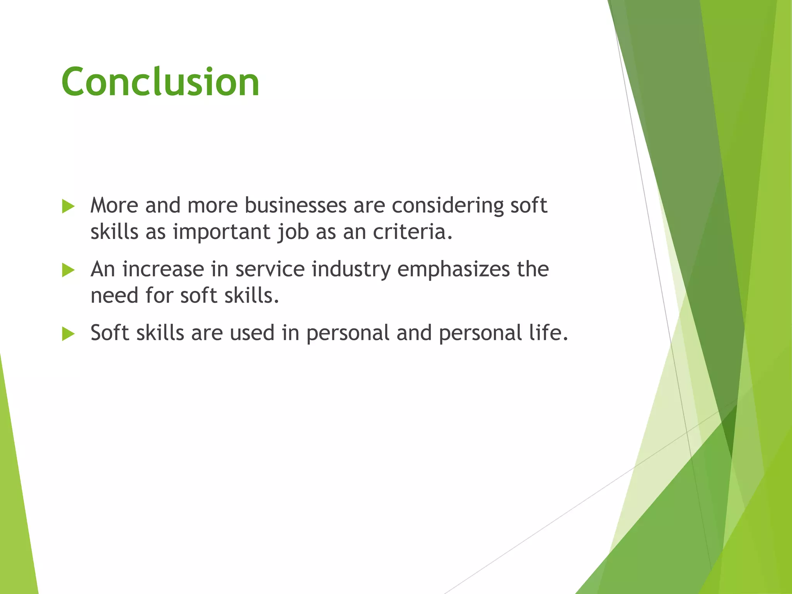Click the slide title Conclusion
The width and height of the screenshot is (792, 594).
[x=160, y=82]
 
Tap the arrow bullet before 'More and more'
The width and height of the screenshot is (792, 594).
[x=68, y=207]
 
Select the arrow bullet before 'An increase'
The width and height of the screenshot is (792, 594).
[x=68, y=270]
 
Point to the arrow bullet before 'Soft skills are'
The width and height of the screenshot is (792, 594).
[x=68, y=334]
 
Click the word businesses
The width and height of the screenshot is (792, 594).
[x=295, y=205]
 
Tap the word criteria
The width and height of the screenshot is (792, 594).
[x=412, y=232]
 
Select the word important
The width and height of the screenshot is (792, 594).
[x=222, y=232]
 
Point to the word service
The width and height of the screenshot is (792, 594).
[x=270, y=269]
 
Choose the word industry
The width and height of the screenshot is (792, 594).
[x=351, y=270]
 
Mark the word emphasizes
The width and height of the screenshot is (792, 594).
[x=454, y=270]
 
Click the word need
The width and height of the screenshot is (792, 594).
[x=114, y=296]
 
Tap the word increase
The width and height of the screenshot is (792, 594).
[x=163, y=269]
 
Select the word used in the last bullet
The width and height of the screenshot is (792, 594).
[x=252, y=333]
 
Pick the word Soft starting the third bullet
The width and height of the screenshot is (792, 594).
[x=110, y=333]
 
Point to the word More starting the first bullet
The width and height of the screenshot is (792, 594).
[x=114, y=205]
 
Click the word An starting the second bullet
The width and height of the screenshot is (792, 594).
[x=103, y=269]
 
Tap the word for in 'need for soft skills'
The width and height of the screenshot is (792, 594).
[x=159, y=296]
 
